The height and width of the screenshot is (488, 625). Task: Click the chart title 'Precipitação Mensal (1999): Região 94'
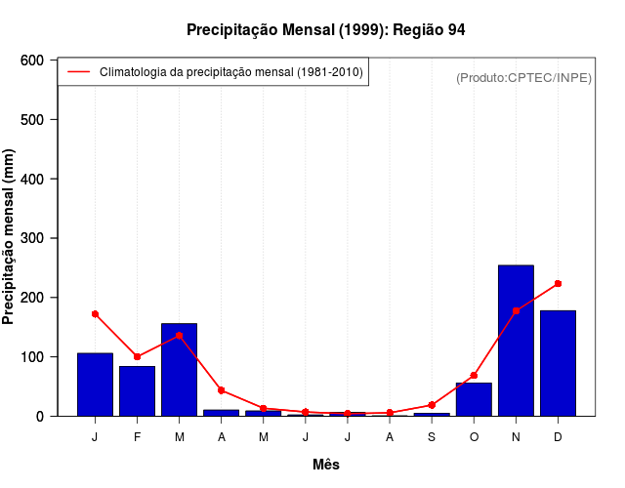coord(325,30)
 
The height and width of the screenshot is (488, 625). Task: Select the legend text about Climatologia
coord(231,72)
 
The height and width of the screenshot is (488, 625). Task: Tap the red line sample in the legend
coord(78,72)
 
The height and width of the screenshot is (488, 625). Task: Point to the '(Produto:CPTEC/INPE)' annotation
coord(523,78)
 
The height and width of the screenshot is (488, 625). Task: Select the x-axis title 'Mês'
coord(325,465)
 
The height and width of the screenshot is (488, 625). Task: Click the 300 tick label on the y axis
coord(32,238)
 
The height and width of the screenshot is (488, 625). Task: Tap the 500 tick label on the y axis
coord(32,120)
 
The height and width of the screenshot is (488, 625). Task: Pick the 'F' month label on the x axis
coord(137,437)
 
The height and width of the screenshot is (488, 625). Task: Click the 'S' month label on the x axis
coord(432,437)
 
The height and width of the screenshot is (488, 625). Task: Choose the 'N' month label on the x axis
coord(516,437)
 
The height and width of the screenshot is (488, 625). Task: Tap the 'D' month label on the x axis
coord(558,437)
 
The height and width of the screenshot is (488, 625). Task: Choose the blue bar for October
coord(474,400)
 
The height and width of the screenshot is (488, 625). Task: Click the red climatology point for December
coord(558,284)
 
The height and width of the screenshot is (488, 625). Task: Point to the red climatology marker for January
coord(95,314)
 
